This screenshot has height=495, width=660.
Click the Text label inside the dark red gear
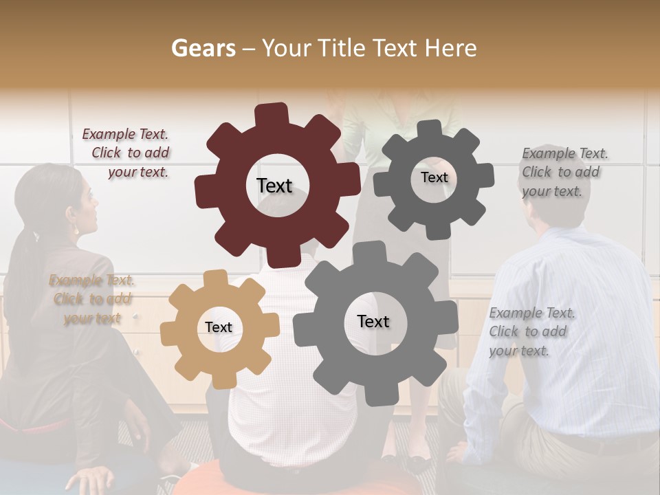(x=274, y=186)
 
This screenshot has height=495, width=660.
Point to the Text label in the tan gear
(x=219, y=328)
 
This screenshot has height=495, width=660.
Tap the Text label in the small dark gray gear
(x=434, y=177)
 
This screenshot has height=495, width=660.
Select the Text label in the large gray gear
(x=373, y=321)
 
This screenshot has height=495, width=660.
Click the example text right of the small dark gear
(x=564, y=172)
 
